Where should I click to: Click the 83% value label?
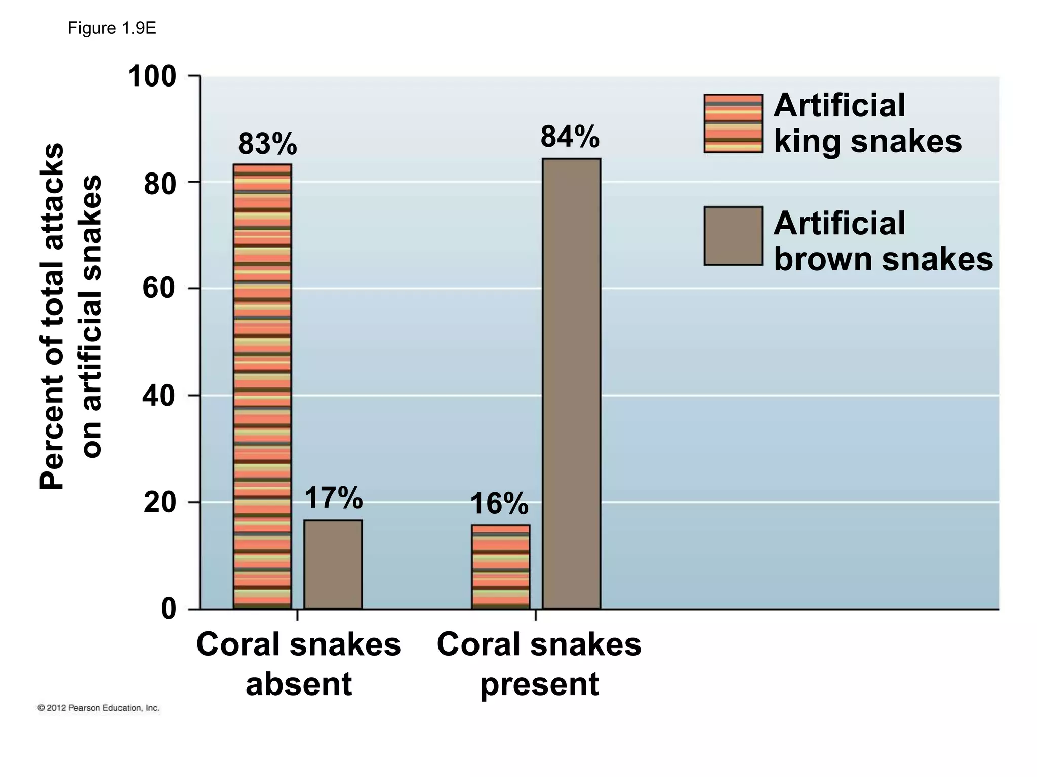(267, 144)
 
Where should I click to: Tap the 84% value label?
(570, 137)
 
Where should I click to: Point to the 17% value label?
(334, 498)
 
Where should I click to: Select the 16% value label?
(499, 504)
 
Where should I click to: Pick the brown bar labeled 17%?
(333, 564)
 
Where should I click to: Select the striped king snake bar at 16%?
(501, 567)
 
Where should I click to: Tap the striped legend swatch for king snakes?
(733, 123)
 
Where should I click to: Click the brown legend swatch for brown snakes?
(733, 236)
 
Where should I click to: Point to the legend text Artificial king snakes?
(867, 123)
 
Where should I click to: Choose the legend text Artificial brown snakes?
(883, 241)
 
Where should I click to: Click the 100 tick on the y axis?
(152, 77)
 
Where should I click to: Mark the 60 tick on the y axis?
(158, 289)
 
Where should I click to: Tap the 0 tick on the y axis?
(169, 609)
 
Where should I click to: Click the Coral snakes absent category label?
(298, 664)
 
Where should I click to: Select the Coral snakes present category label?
(539, 664)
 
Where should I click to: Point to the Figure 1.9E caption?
(112, 29)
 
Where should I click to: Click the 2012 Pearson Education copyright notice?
(99, 708)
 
